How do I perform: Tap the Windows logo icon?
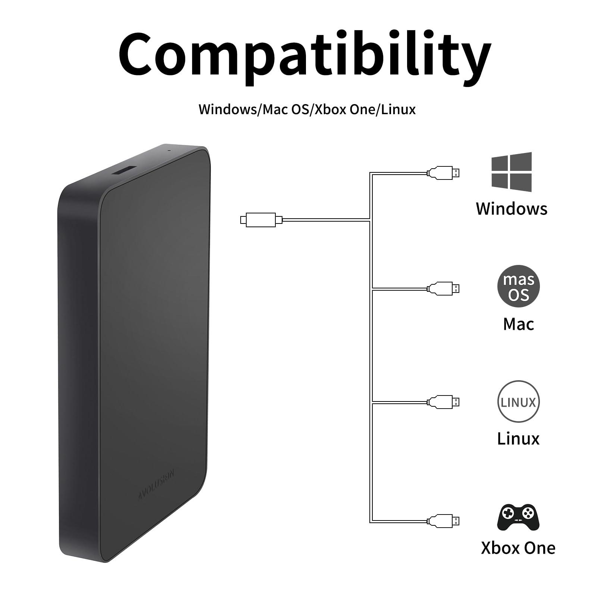tap(512, 172)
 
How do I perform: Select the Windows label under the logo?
tap(512, 209)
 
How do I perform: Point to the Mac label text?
tap(518, 324)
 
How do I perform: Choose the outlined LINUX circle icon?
tap(518, 402)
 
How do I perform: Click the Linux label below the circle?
tap(518, 438)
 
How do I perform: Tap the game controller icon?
tap(518, 517)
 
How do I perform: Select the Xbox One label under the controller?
tap(518, 548)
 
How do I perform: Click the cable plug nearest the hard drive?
tap(261, 220)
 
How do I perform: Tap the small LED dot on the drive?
tap(169, 151)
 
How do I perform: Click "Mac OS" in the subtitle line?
tap(286, 109)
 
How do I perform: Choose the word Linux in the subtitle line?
tap(398, 109)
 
